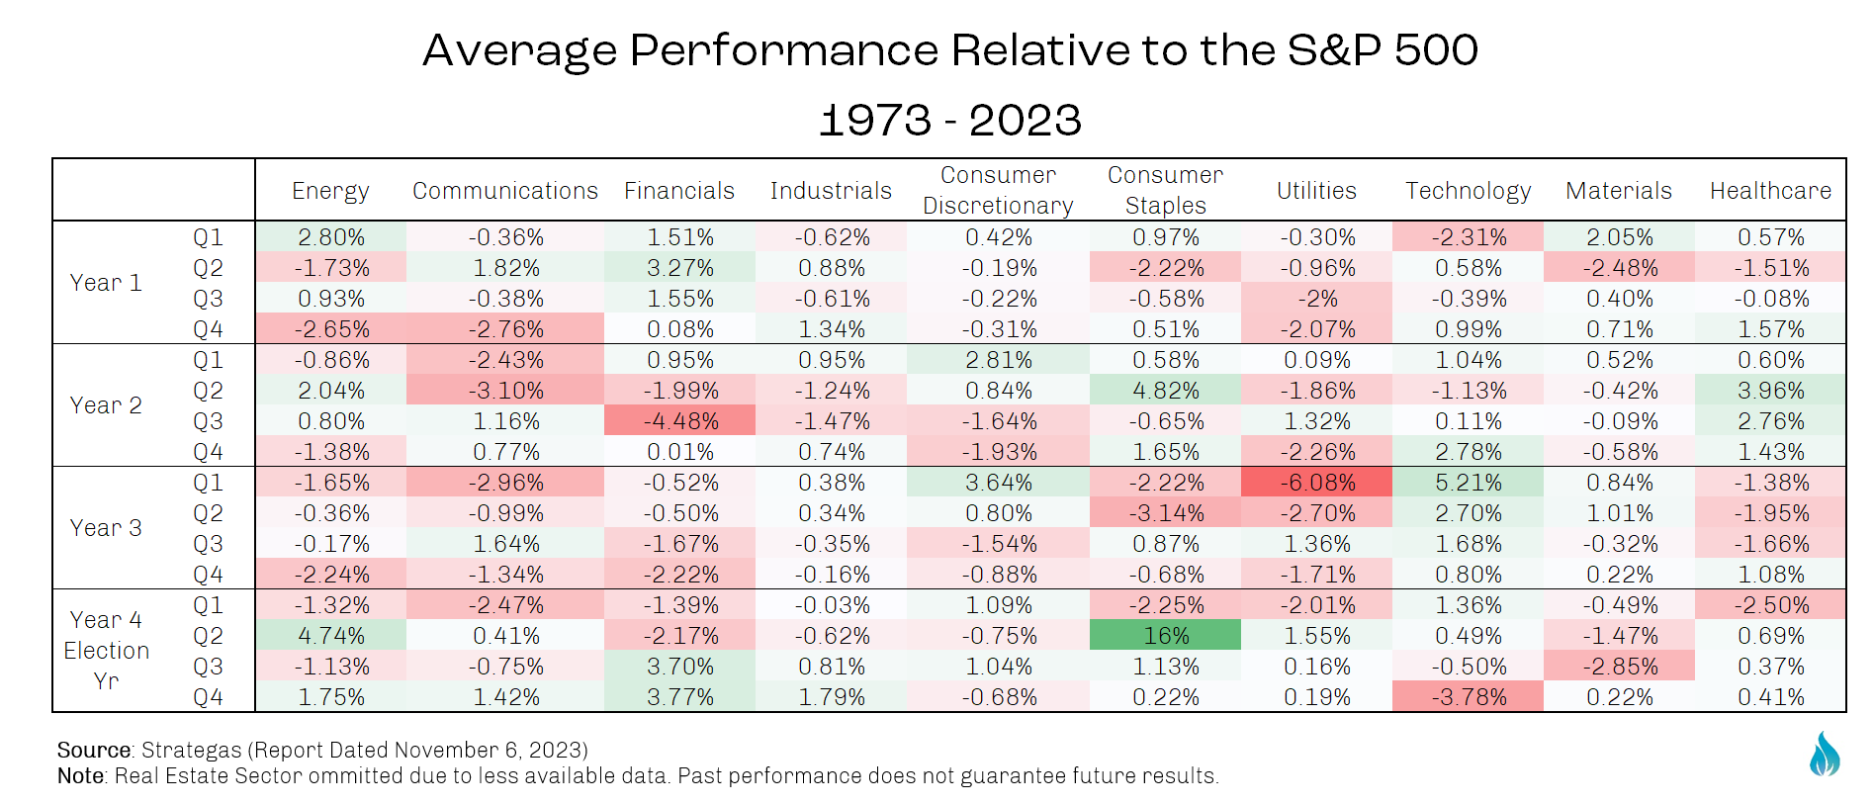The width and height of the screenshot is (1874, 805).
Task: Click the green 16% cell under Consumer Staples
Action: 1165,635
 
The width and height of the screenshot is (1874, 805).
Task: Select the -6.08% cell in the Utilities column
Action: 1316,483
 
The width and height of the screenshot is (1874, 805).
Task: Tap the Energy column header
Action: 330,191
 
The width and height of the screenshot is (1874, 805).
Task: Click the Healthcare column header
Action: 1770,191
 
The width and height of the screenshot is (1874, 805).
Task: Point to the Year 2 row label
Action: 106,405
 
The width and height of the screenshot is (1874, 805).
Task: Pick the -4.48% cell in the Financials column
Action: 680,421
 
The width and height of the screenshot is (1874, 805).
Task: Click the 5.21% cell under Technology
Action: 1468,483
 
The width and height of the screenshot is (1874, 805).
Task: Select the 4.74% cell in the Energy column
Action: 331,635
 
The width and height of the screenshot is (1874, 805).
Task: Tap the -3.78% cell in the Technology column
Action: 1468,696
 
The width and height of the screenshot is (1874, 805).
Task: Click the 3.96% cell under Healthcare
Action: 1770,391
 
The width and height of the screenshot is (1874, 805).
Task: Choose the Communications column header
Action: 505,191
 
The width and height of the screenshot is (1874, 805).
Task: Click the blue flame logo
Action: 1824,755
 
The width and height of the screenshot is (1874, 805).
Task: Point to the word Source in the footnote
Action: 94,750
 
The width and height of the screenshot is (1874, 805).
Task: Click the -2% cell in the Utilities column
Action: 1316,299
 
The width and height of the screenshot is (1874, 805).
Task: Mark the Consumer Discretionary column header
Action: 998,190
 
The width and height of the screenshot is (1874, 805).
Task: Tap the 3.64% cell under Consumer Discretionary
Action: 998,483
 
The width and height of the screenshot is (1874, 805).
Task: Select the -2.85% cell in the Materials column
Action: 1619,666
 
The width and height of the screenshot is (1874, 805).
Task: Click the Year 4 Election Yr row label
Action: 106,650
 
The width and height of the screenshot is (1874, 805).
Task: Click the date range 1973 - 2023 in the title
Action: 949,121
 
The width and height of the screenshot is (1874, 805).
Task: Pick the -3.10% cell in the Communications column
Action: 505,391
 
